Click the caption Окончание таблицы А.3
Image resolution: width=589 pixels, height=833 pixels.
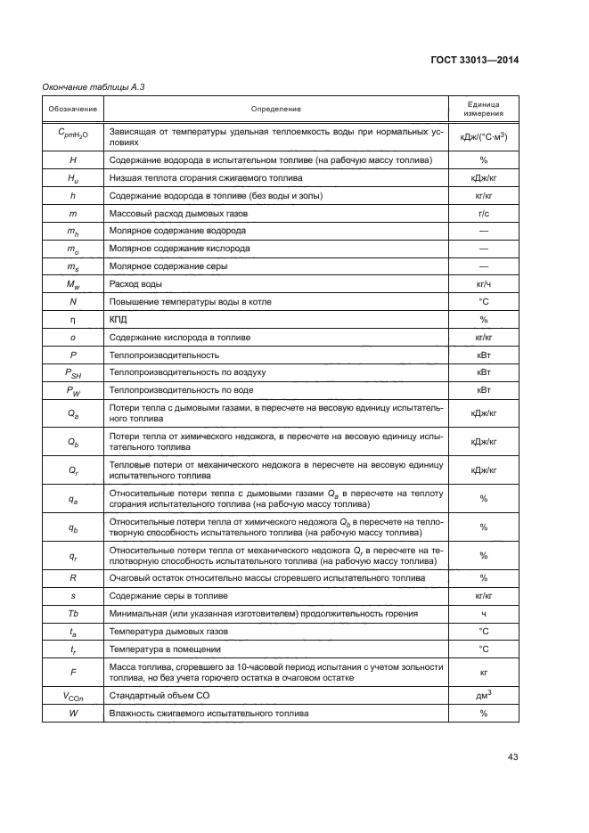tap(88, 86)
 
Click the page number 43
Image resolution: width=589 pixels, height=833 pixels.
tap(512, 757)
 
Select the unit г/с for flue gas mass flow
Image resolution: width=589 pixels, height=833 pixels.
tap(483, 214)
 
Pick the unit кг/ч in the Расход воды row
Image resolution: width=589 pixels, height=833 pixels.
tap(483, 283)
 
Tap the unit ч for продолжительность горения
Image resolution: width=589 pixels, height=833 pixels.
tap(483, 613)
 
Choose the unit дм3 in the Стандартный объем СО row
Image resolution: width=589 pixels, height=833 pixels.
tap(483, 696)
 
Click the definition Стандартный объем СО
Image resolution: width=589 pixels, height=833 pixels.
tap(152, 696)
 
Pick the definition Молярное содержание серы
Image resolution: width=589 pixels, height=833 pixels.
tap(168, 265)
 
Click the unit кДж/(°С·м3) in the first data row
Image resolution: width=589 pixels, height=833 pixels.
tap(483, 136)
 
